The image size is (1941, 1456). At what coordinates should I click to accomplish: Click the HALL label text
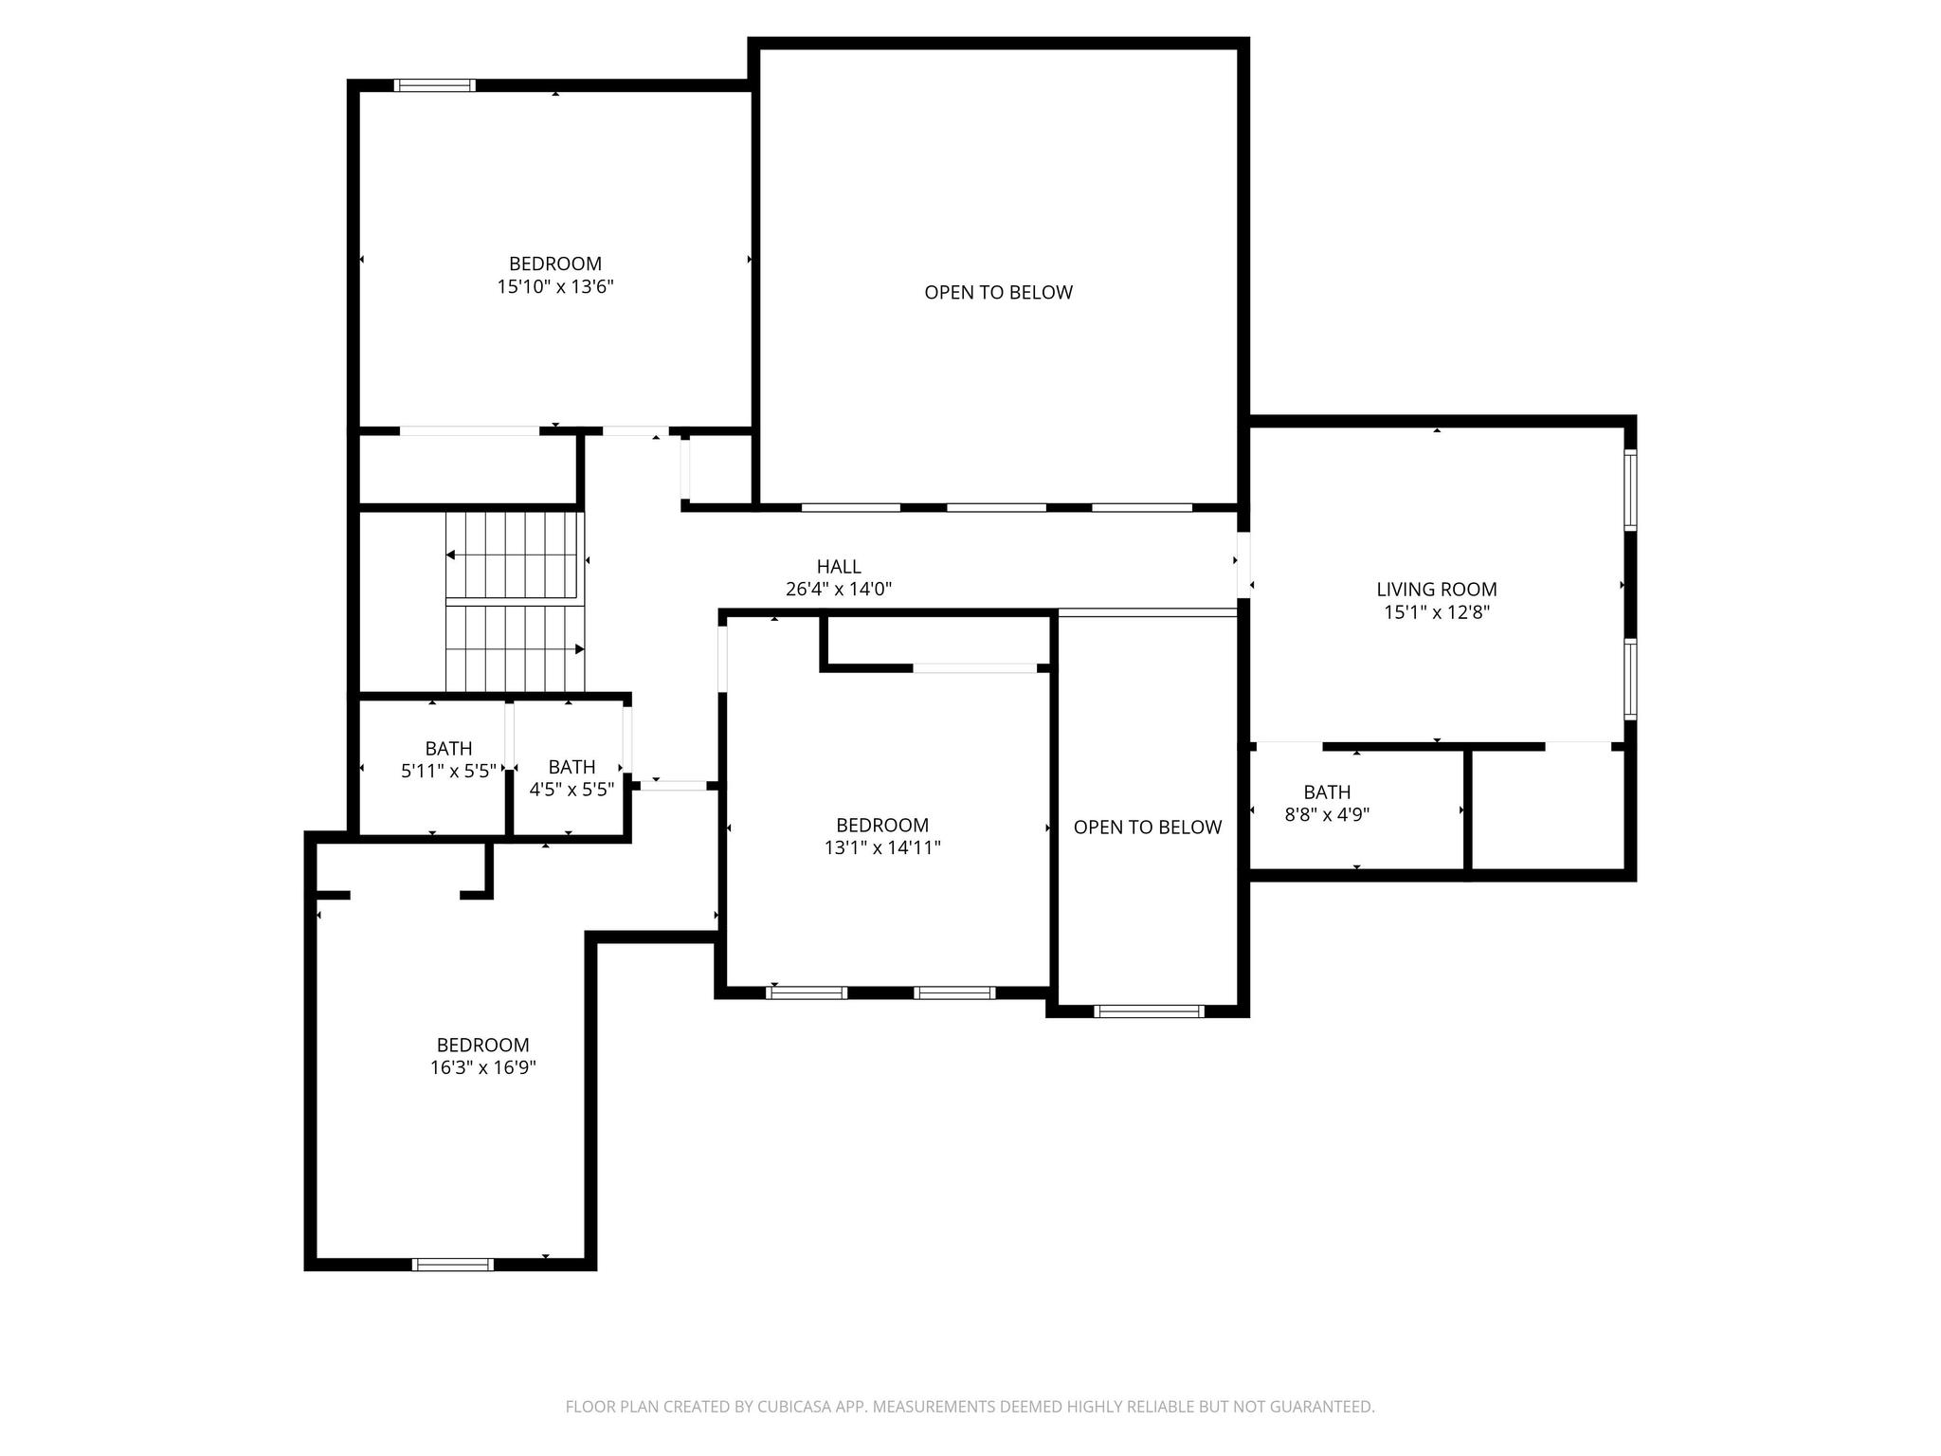point(839,567)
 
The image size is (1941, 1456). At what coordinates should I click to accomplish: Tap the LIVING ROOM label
point(1436,590)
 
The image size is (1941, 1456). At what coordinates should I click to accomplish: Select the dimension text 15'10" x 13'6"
point(555,286)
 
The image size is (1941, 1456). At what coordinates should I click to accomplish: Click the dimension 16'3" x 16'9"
point(482,1067)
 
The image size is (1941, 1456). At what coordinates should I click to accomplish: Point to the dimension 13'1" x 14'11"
point(881,847)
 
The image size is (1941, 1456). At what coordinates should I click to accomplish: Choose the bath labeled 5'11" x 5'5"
point(448,759)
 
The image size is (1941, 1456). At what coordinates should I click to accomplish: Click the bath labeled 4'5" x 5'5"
point(571,777)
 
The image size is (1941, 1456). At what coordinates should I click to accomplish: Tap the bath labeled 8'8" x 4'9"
point(1327,802)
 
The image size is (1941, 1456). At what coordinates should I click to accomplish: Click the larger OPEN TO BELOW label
point(998,293)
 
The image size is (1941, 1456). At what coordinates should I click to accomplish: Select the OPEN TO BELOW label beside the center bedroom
point(1147,828)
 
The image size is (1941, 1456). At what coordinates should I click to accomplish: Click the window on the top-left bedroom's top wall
point(434,85)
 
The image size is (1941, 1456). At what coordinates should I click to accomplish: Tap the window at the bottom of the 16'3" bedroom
point(453,1264)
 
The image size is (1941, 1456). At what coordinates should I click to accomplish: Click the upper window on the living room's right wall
point(1630,489)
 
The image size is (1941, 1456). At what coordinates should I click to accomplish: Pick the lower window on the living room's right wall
point(1630,679)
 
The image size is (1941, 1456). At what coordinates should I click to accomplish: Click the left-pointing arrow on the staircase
point(451,555)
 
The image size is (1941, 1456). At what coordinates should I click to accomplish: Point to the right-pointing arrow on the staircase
point(578,649)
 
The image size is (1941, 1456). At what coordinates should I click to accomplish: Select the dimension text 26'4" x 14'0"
point(839,590)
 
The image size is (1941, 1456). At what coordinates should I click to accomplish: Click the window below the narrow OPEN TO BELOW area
point(1148,1011)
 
